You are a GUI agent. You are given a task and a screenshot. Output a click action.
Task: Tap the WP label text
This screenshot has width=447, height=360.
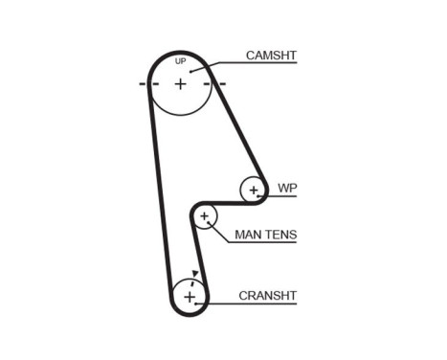pos(285,188)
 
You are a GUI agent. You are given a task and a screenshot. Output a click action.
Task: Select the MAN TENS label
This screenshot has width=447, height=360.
pos(265,235)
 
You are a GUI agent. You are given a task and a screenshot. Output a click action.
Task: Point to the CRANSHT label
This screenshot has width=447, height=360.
pos(267,295)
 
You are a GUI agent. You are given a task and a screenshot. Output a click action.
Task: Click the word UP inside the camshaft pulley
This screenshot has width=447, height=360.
pos(180,62)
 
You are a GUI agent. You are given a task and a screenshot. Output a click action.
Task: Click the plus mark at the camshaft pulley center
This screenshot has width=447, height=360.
pos(180,83)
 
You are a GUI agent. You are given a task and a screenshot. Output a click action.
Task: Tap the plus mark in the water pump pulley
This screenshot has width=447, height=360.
pos(254,190)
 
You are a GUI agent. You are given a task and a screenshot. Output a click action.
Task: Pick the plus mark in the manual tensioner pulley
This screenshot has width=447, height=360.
pos(204,216)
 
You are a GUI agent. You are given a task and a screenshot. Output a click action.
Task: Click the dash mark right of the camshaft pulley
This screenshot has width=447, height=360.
pos(221,83)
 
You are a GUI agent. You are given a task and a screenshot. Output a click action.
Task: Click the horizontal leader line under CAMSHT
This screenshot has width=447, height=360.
pos(258,64)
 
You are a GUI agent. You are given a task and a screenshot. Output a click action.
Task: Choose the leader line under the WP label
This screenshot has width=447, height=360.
pos(284,196)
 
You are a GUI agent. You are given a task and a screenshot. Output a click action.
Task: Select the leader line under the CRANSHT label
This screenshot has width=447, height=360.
pos(258,304)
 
